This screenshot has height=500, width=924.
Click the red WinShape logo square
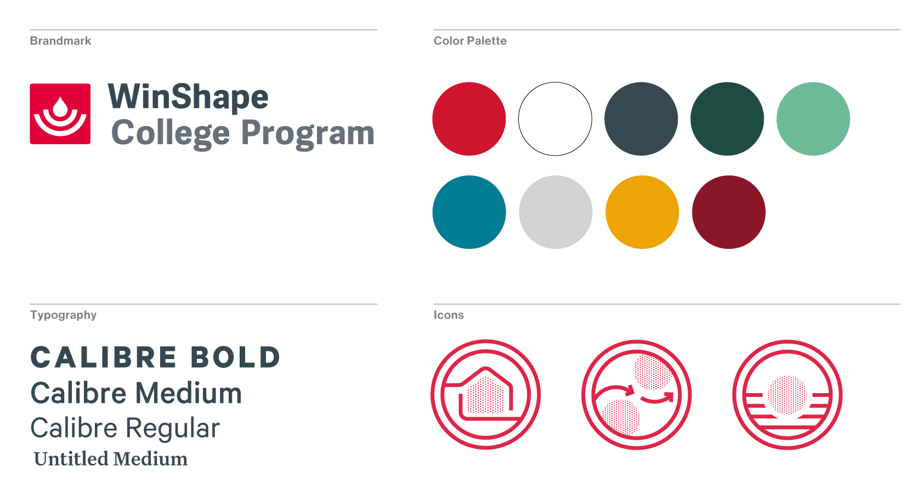(60, 114)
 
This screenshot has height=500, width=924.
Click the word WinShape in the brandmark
(188, 97)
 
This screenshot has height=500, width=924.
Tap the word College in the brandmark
(171, 133)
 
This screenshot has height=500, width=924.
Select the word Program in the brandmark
(308, 133)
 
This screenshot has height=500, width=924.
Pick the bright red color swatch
(469, 119)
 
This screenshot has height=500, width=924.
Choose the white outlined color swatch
(555, 119)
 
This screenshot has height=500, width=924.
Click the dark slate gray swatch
(641, 119)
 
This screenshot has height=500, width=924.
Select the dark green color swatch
(727, 119)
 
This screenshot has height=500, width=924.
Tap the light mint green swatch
(813, 119)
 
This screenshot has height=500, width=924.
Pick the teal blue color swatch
(469, 212)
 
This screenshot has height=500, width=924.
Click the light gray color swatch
(555, 212)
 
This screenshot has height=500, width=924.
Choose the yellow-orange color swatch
(642, 212)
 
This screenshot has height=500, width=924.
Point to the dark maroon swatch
(729, 212)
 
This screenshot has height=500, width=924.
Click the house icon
(486, 395)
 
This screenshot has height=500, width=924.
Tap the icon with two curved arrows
(637, 395)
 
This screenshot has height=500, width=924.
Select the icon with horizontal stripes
(787, 395)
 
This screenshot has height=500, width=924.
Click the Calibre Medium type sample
(136, 393)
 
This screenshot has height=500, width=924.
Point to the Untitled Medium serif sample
(111, 459)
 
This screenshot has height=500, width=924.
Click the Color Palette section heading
(470, 41)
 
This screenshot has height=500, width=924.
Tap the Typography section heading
(63, 315)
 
